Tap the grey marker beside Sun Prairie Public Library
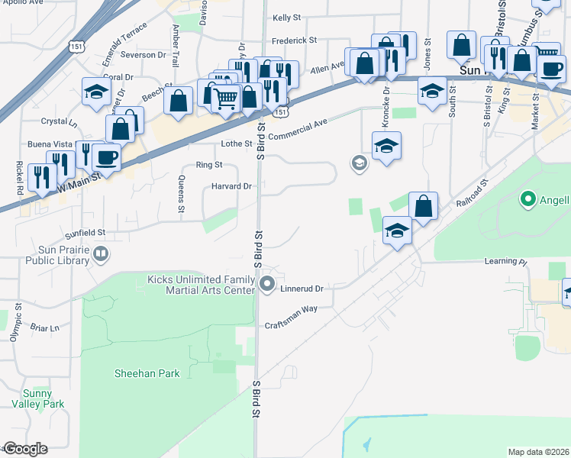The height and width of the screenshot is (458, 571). pyautogui.click(x=100, y=253)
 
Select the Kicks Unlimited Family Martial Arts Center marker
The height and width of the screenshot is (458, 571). pyautogui.click(x=267, y=285)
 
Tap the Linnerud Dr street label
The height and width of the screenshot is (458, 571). pyautogui.click(x=302, y=289)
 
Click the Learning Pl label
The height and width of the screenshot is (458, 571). pyautogui.click(x=505, y=261)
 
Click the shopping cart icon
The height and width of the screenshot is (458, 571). pyautogui.click(x=225, y=98)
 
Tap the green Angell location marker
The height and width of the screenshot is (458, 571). pyautogui.click(x=527, y=200)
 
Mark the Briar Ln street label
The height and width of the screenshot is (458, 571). pyautogui.click(x=45, y=328)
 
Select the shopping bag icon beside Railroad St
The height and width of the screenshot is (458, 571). pyautogui.click(x=423, y=205)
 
